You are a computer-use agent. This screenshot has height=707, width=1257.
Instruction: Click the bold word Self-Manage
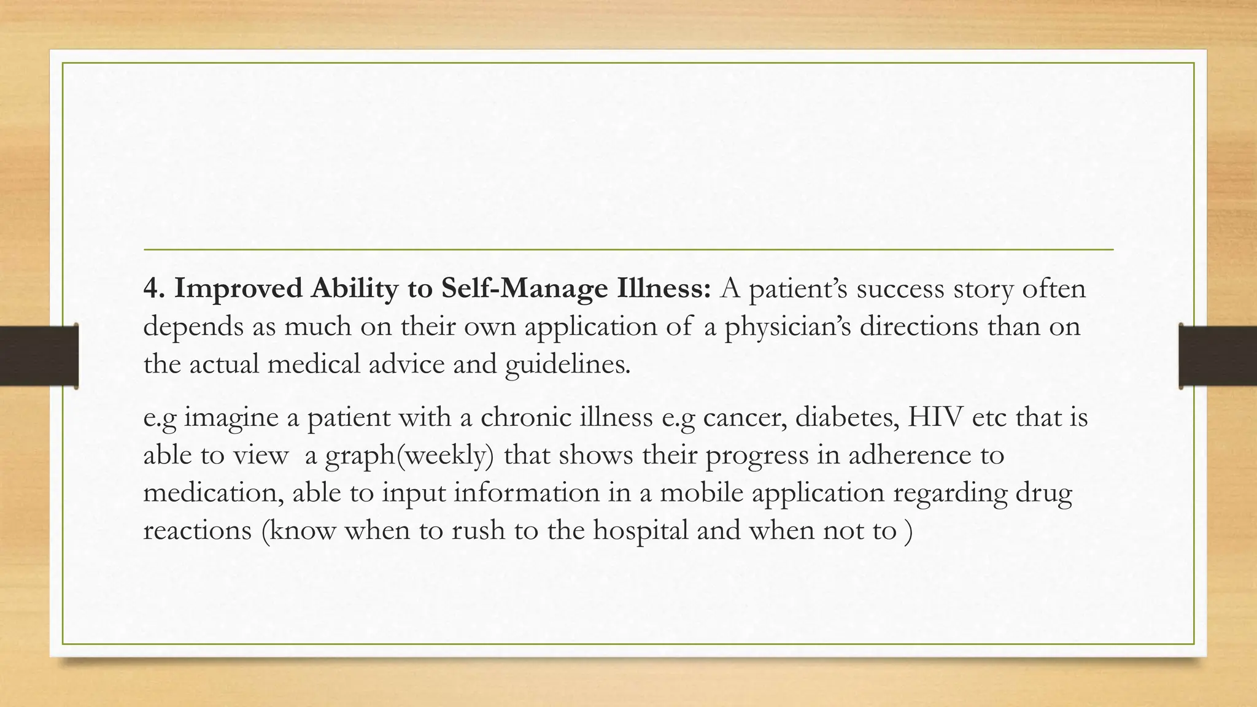(524, 288)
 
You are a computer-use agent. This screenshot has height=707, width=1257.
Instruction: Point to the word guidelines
(567, 365)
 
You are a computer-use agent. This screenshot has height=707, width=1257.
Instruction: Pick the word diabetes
(846, 417)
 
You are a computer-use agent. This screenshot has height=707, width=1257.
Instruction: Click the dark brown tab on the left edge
(38, 356)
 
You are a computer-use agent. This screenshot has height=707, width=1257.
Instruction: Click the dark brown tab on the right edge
(1218, 356)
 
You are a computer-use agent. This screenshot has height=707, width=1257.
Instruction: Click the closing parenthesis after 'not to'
(908, 530)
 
